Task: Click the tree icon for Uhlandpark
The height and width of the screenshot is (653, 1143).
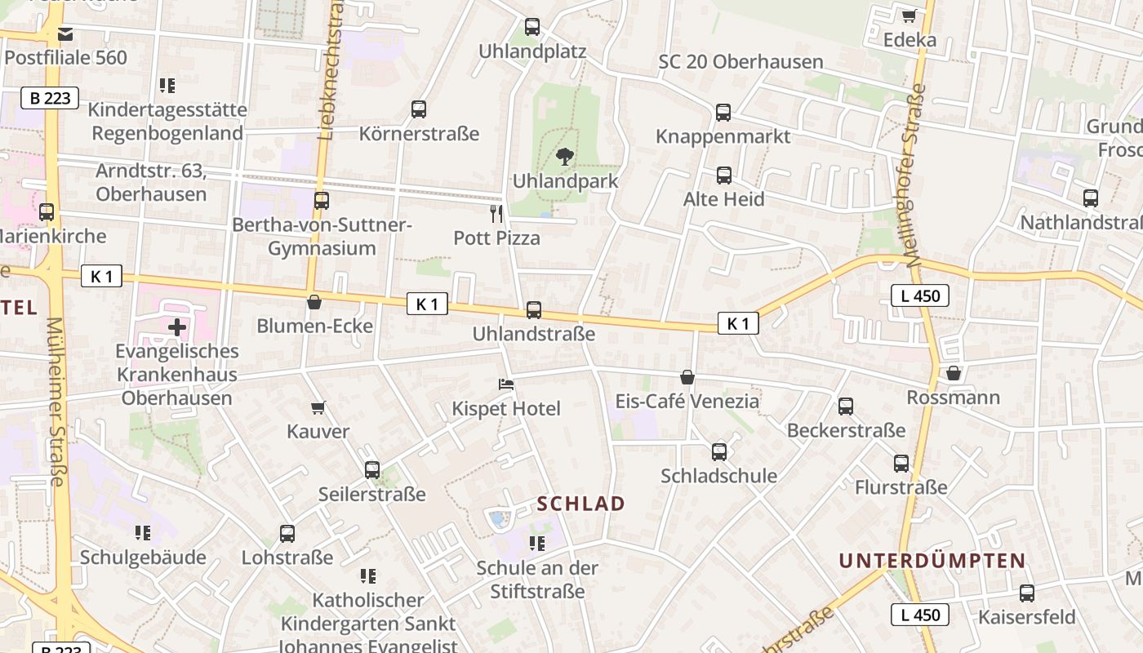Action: click(563, 156)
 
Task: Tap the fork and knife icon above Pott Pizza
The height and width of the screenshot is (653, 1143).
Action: click(496, 214)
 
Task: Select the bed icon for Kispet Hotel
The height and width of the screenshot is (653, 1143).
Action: click(506, 384)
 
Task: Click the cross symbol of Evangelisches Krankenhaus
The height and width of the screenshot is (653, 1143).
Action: click(176, 328)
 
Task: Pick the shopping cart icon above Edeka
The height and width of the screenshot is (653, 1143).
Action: click(909, 16)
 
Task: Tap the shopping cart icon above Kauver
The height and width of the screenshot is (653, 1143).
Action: click(318, 406)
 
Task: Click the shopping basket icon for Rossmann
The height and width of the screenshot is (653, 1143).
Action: click(953, 373)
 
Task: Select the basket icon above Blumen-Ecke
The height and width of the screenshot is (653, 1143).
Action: click(314, 302)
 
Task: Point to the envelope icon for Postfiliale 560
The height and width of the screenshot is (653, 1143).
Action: click(65, 34)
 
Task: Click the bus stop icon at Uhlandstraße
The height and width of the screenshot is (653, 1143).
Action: click(534, 310)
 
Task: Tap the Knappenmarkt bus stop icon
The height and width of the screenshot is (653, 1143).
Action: click(723, 113)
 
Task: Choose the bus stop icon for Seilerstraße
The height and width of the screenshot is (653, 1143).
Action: click(372, 470)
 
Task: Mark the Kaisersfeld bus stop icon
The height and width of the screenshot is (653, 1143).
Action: click(1027, 593)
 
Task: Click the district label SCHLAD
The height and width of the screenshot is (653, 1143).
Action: click(581, 504)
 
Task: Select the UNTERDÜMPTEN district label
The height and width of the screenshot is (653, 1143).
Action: click(932, 561)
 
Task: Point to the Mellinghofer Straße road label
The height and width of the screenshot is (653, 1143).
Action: click(914, 175)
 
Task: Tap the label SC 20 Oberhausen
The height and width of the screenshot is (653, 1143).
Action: click(741, 62)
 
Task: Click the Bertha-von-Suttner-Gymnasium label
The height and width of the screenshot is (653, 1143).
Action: click(322, 237)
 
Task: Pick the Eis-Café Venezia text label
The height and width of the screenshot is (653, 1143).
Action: click(687, 402)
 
